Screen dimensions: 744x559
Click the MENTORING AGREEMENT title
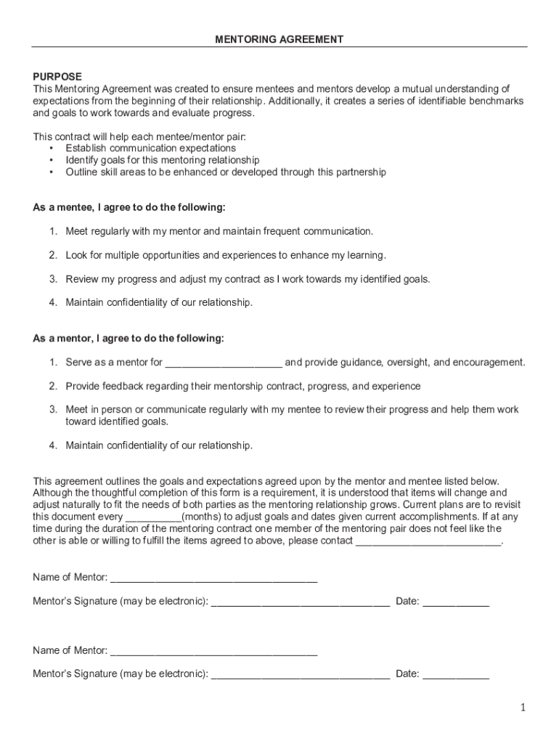click(279, 39)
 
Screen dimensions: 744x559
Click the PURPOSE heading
click(57, 76)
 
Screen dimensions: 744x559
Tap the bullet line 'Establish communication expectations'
click(150, 148)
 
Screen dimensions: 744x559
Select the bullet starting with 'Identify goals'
click(162, 160)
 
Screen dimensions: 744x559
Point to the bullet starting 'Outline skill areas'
click(225, 172)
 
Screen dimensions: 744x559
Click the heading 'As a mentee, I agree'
click(129, 208)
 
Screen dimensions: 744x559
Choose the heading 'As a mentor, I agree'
click(128, 339)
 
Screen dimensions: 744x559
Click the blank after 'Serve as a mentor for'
click(224, 363)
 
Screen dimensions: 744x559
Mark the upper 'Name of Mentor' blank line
click(213, 579)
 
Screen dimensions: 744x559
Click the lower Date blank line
click(456, 676)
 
